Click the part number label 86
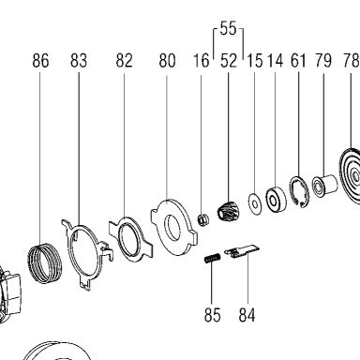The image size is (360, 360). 40,61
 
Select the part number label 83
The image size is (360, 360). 79,61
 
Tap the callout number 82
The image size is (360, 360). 124,61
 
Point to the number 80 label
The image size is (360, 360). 167,61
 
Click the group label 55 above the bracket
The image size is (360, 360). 228,28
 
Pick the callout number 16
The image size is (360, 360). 201,61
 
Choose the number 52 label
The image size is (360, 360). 229,61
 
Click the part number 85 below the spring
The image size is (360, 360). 213,315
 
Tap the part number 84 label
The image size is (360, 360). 247,315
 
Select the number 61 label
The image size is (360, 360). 298,61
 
